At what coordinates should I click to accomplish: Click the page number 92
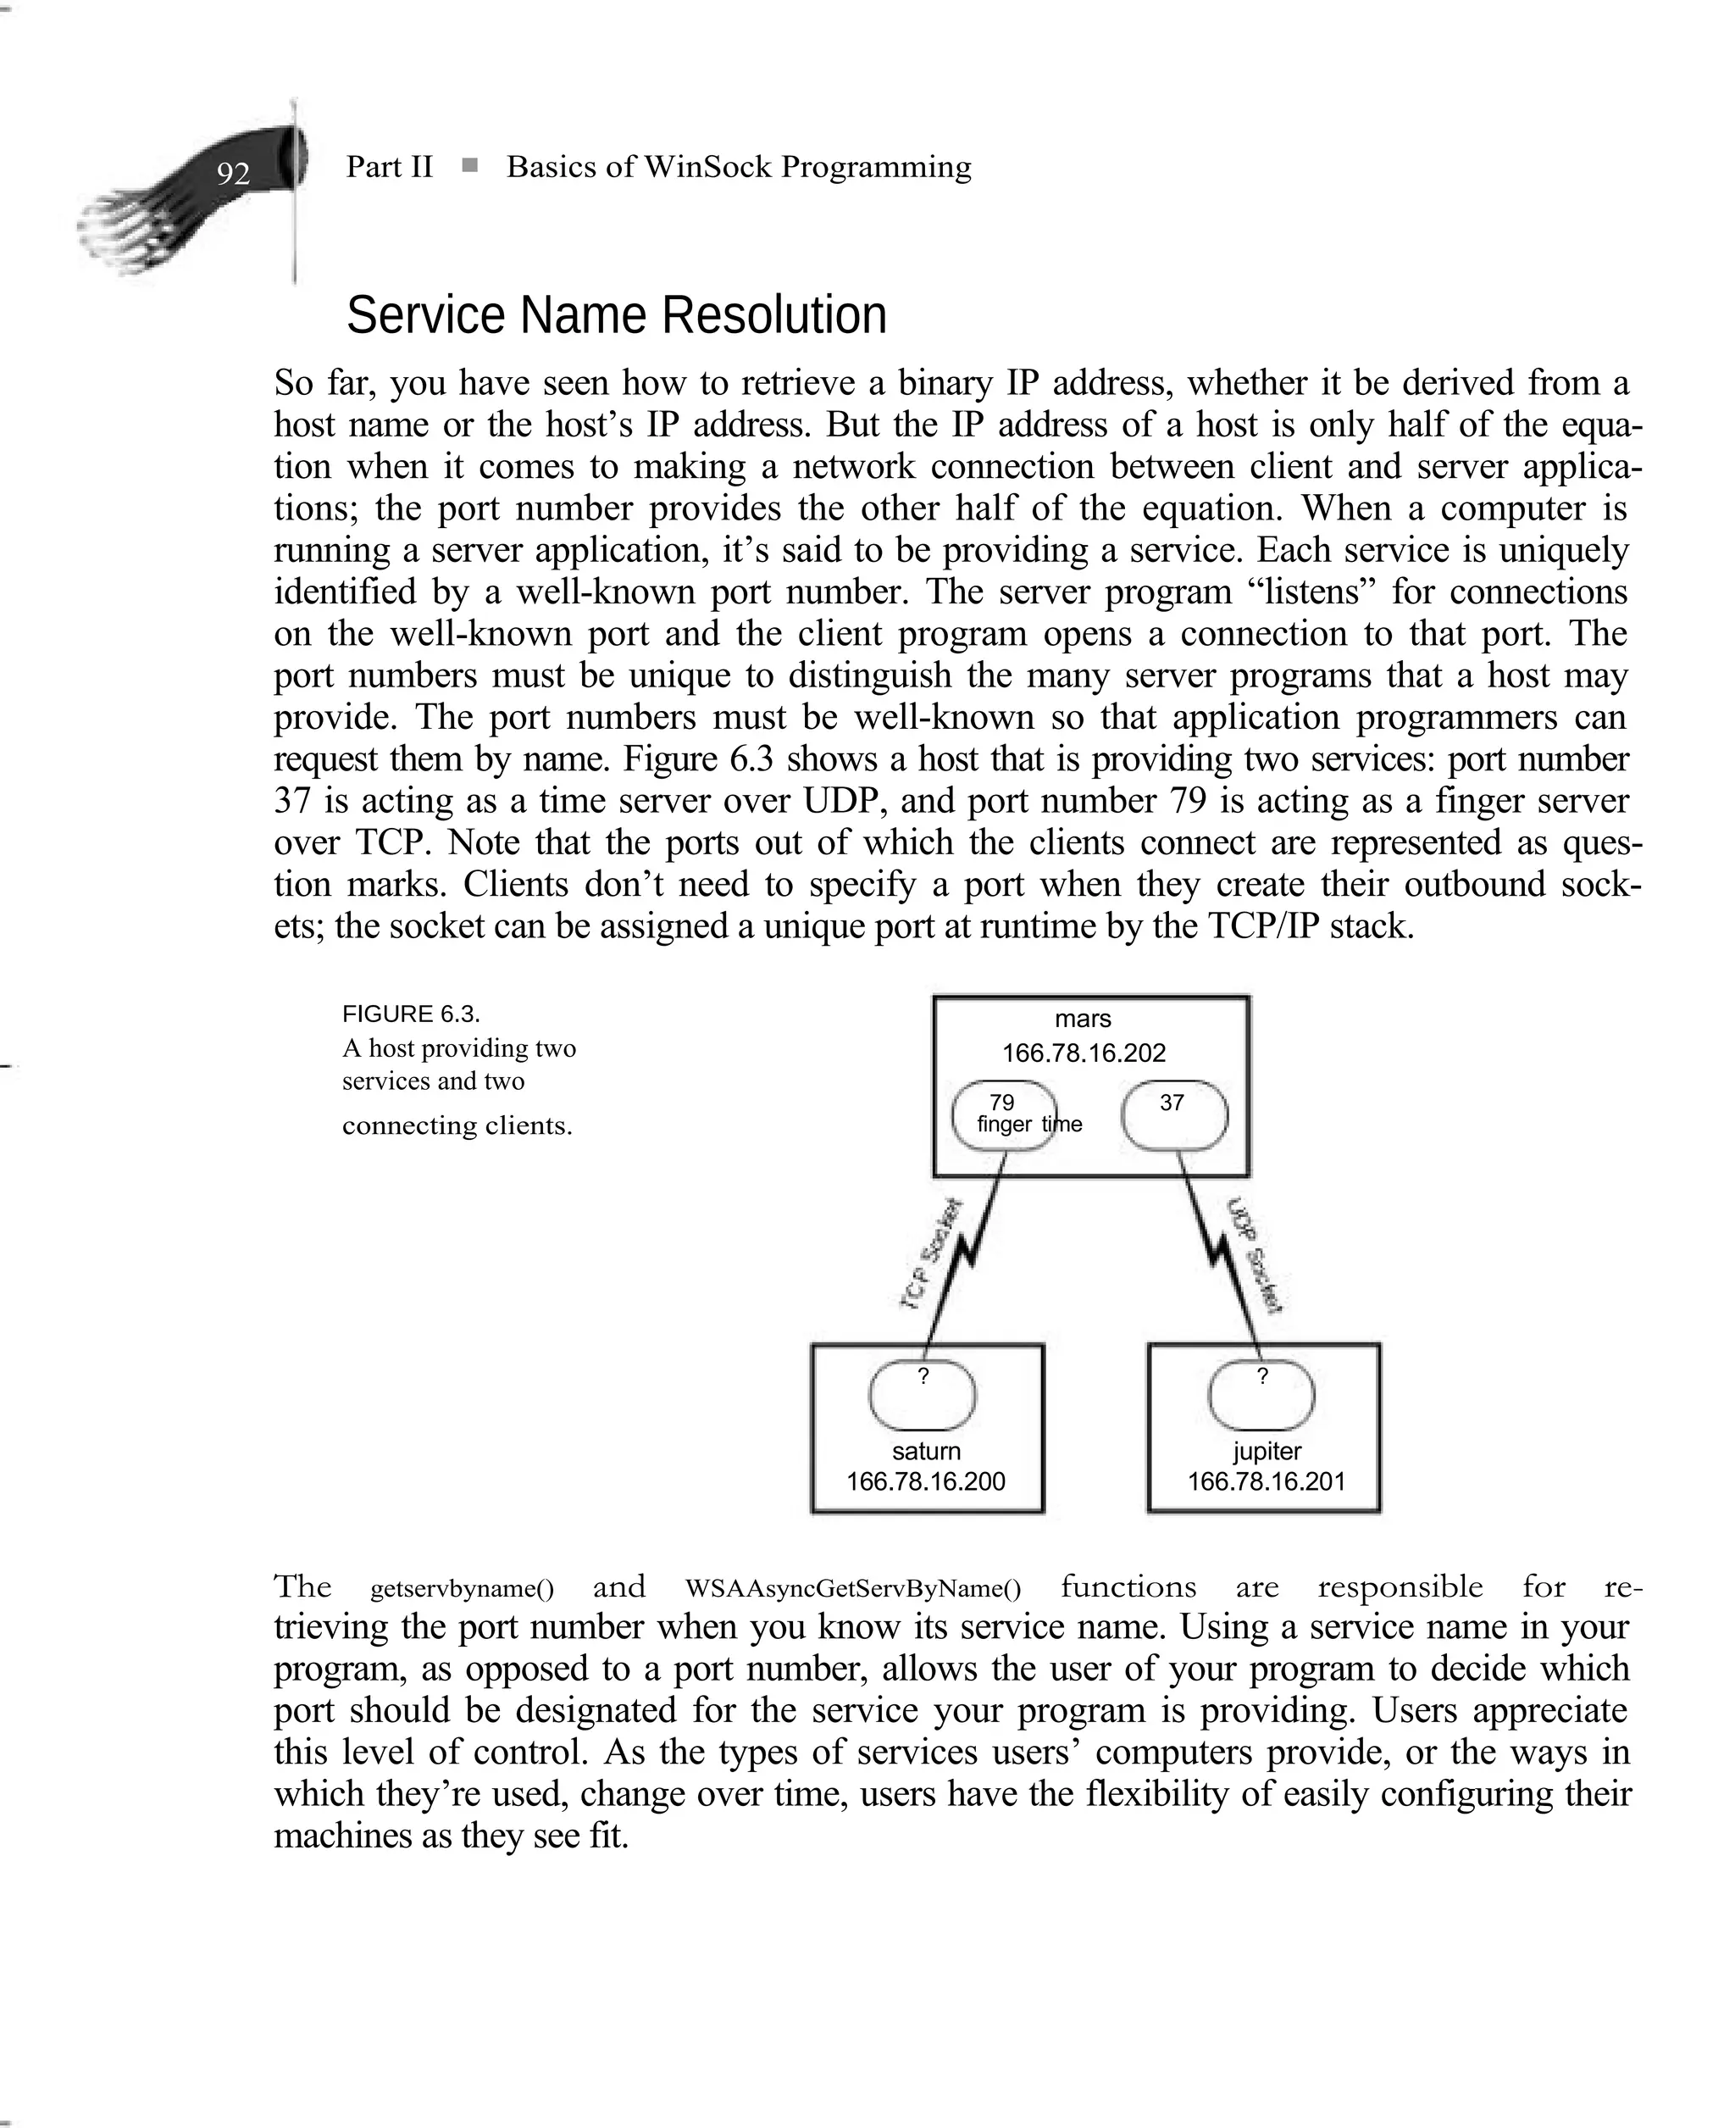[233, 174]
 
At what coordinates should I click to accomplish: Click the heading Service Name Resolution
[616, 315]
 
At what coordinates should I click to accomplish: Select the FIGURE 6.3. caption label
[411, 1014]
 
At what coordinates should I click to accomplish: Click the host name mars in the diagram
[1083, 1019]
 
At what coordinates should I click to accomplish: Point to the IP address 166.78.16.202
[1084, 1053]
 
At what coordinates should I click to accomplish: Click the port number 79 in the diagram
[1001, 1102]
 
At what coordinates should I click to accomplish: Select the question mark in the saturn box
[923, 1376]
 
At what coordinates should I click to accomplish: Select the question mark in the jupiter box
[1261, 1376]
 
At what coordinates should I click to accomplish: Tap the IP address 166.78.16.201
[1266, 1481]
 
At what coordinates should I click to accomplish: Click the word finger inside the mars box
[1003, 1124]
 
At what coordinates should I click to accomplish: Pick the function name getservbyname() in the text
[462, 1588]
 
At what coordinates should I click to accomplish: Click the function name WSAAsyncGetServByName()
[852, 1588]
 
